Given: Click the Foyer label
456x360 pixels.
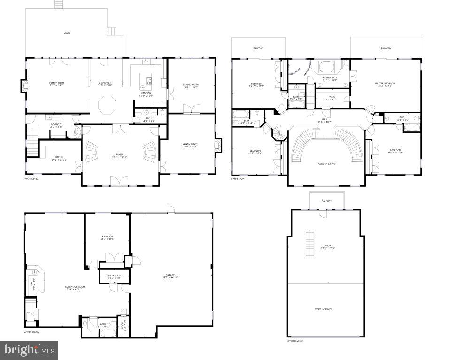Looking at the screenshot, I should click(119, 155).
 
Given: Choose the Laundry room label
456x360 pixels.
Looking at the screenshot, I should click(56, 125).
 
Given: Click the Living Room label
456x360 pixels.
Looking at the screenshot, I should click(190, 145).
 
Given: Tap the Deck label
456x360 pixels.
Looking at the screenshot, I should click(66, 33).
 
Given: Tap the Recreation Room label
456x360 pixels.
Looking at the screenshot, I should click(74, 288).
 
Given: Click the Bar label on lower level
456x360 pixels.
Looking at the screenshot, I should click(32, 283).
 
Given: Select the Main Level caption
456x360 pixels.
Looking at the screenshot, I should click(32, 179).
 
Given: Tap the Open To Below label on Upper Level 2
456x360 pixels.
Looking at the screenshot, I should click(324, 308).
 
